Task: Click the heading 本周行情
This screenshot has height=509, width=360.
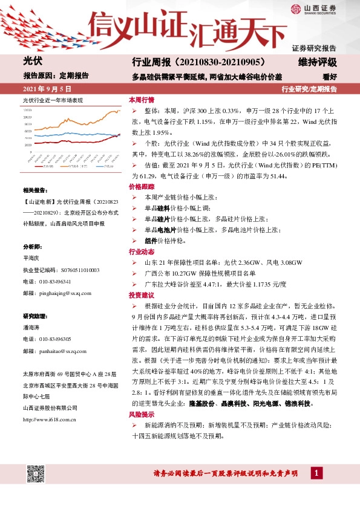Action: point(142,99)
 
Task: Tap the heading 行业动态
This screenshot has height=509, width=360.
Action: point(142,251)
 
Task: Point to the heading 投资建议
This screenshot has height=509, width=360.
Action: point(142,294)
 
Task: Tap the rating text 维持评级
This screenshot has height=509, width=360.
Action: point(317,62)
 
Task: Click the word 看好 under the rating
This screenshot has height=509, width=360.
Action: point(329,77)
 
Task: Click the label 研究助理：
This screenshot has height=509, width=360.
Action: point(36,317)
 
